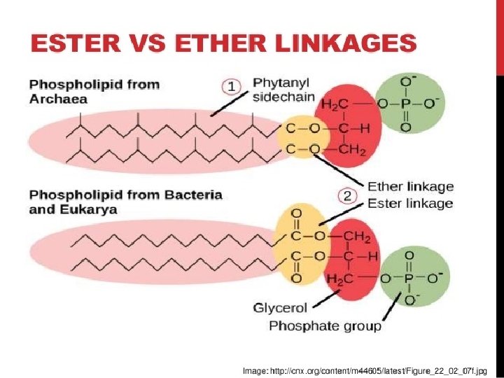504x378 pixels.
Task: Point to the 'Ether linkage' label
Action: point(410,187)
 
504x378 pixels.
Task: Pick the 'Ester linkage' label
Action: point(410,204)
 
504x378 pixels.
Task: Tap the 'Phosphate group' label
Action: point(325,325)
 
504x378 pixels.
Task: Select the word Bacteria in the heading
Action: point(188,194)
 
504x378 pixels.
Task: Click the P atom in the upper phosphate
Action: point(406,104)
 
